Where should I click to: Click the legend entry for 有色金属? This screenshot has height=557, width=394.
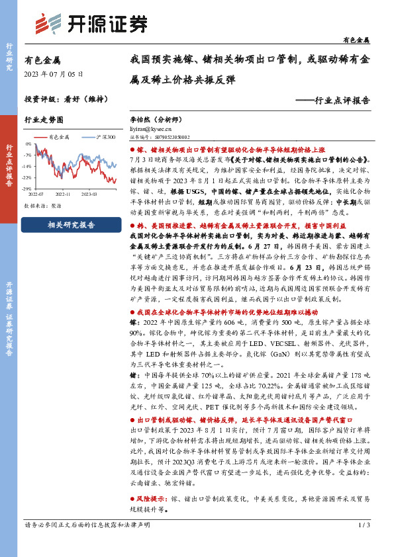pyautogui.click(x=60, y=137)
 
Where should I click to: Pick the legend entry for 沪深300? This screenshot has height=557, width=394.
pyautogui.click(x=104, y=137)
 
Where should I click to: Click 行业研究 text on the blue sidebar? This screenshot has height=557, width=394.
pyautogui.click(x=9, y=56)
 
